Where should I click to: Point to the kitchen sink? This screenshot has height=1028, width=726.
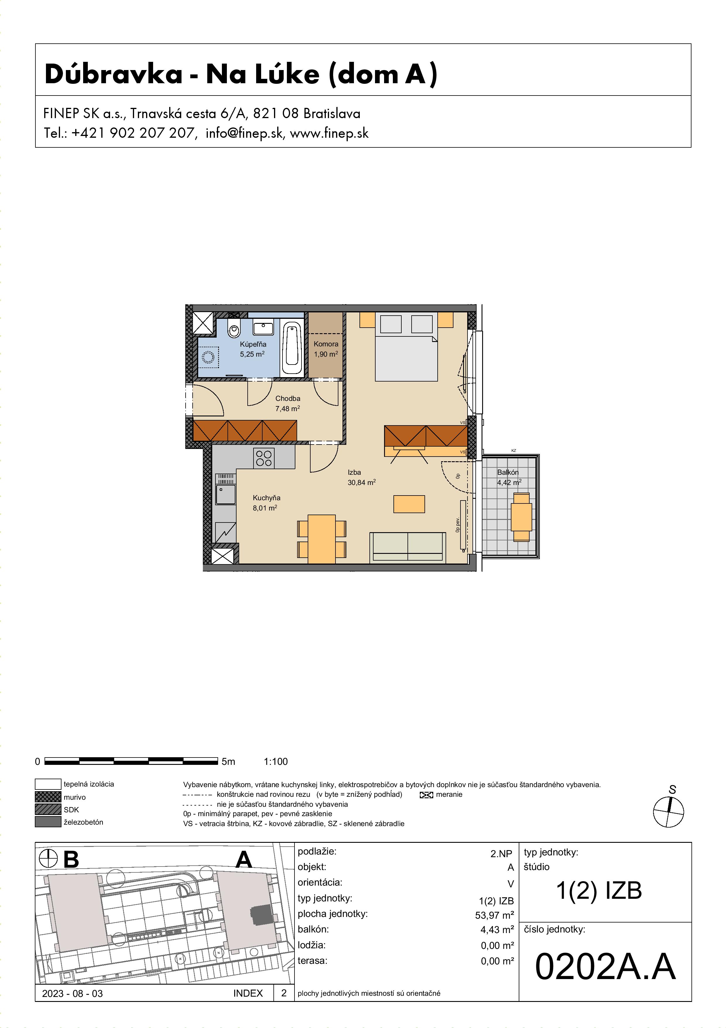click(226, 494)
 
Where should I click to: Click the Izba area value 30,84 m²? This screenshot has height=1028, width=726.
click(362, 482)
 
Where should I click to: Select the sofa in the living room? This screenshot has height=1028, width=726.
click(407, 547)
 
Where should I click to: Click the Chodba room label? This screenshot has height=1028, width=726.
click(288, 398)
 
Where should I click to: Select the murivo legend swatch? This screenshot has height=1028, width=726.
click(48, 796)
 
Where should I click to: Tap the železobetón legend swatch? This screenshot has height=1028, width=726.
click(48, 822)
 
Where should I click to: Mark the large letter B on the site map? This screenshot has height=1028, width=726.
click(71, 859)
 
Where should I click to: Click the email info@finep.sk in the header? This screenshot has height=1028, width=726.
click(244, 133)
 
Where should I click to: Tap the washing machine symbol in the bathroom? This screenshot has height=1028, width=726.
click(208, 357)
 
